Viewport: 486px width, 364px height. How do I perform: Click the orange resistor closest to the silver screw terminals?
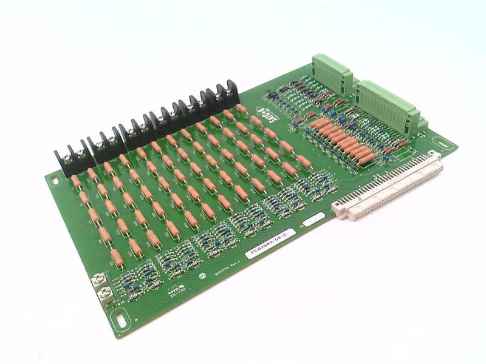[x=117, y=258]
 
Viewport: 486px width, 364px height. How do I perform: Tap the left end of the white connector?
[x=338, y=209]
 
